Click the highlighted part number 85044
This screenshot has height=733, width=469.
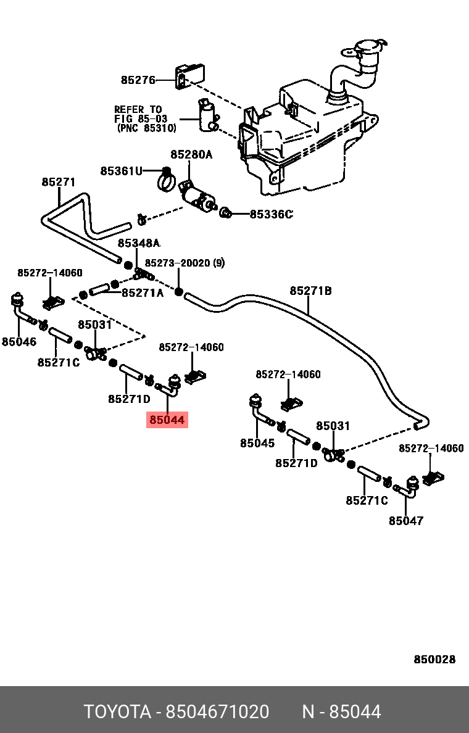[167, 420]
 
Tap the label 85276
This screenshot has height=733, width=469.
[138, 80]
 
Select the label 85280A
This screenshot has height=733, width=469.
[191, 154]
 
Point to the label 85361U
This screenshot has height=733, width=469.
[121, 171]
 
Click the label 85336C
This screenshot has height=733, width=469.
[271, 214]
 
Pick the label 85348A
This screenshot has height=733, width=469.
[139, 243]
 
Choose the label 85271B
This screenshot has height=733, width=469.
[310, 291]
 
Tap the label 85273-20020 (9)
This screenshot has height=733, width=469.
[185, 263]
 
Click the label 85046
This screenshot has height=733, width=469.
[19, 342]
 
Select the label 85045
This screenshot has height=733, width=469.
[257, 442]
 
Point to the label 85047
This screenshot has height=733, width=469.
[406, 520]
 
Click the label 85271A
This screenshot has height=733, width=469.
[143, 293]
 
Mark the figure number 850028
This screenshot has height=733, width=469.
[434, 659]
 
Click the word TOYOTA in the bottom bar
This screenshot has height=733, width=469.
[117, 712]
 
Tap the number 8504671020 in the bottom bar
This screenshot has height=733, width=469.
[217, 712]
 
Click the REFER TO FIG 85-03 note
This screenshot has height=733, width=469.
[146, 118]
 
